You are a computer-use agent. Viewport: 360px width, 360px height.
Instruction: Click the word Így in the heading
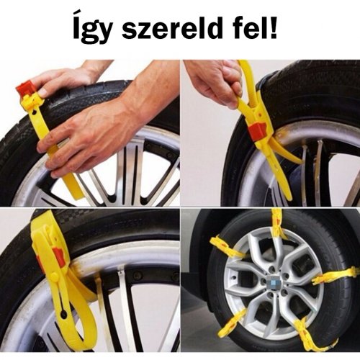[x=91, y=31]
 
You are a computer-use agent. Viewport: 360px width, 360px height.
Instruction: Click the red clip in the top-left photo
[x=25, y=89]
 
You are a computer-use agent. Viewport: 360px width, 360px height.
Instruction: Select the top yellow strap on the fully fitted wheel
[x=276, y=226]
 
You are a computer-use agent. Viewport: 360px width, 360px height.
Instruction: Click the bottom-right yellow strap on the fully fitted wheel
[x=312, y=333]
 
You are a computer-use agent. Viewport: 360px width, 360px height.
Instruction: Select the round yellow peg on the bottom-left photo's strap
[x=54, y=276]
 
